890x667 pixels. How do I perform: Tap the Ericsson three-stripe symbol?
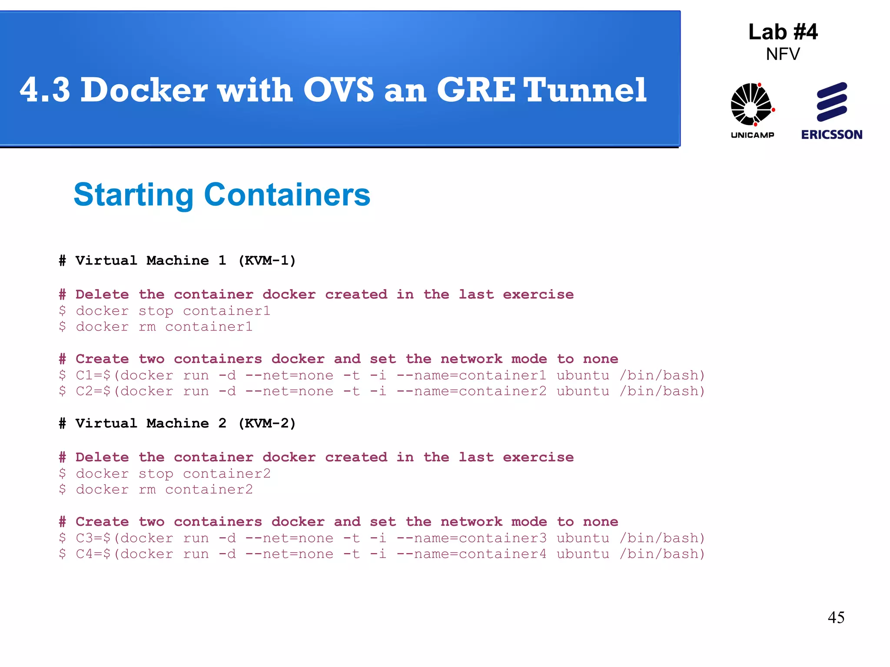(x=832, y=102)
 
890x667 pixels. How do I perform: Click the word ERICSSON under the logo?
(x=832, y=135)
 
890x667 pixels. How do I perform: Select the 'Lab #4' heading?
(x=783, y=32)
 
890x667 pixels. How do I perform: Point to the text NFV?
(x=783, y=54)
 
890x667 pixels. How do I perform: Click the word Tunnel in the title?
(x=585, y=90)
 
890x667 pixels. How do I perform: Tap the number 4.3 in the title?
(x=45, y=90)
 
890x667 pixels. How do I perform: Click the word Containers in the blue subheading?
(x=287, y=195)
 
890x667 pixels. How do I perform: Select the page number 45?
(x=836, y=617)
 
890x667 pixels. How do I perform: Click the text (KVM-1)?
(x=267, y=261)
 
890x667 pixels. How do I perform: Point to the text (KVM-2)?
(x=267, y=423)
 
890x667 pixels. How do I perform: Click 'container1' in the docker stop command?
(x=226, y=311)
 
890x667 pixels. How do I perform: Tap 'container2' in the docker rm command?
(x=209, y=490)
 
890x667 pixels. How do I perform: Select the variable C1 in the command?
(x=84, y=375)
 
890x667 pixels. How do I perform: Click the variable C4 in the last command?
(x=84, y=554)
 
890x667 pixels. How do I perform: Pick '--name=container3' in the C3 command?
(x=472, y=538)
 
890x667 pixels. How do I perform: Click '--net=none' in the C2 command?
(x=289, y=392)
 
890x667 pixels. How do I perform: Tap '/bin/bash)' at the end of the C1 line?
(x=662, y=375)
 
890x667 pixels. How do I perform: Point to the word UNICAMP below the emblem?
(x=752, y=135)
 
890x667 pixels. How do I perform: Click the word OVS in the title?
(x=338, y=90)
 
